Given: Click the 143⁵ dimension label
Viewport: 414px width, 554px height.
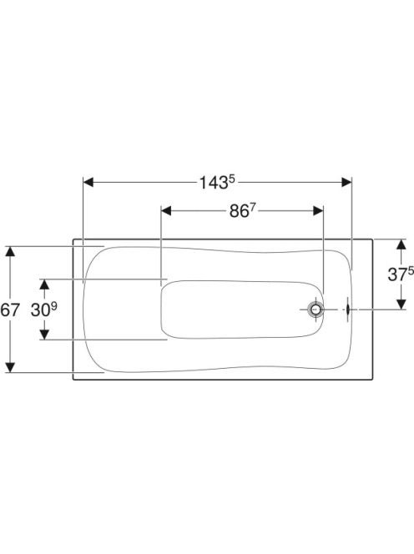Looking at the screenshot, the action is coord(217,183).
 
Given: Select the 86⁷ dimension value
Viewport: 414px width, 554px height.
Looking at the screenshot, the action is coord(243,211).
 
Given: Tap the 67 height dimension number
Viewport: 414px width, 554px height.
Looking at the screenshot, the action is coord(10,310).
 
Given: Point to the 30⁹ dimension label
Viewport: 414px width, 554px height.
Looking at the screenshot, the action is coord(44,310).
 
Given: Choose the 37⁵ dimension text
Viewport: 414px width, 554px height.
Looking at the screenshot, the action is coord(401,274).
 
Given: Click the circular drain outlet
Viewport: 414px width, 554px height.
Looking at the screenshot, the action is coord(316,310).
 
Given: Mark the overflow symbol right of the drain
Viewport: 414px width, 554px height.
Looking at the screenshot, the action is coord(348,310).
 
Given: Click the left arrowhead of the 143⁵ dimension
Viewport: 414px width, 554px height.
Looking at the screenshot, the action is coord(88,183).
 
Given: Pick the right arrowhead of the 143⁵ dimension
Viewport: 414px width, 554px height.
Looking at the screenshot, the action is coord(346,183).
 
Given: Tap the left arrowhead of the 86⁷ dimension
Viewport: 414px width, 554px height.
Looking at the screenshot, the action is coord(166,211).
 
